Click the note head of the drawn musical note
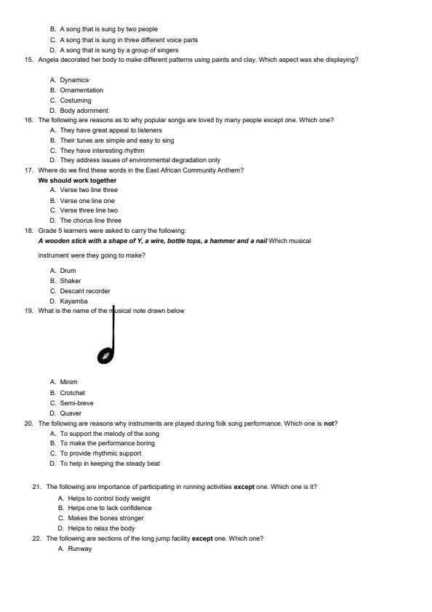(106, 356)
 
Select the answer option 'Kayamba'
(73, 301)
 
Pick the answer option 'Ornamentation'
(81, 90)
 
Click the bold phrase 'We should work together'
(77, 180)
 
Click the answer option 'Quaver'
(71, 413)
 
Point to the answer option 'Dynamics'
(74, 80)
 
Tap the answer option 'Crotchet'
(72, 392)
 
